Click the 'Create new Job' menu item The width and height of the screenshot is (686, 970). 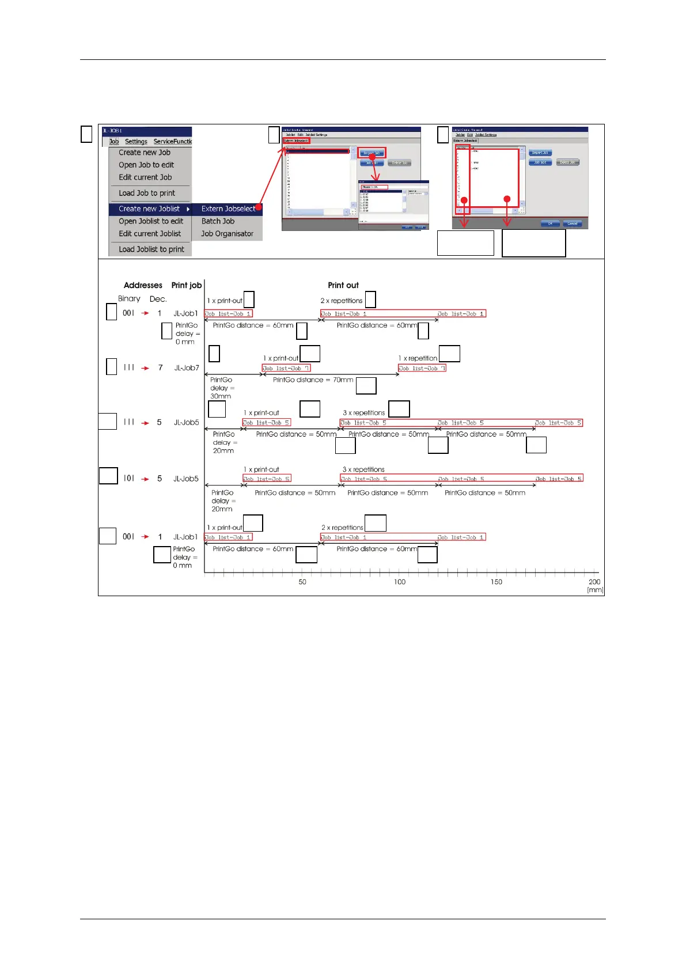[145, 153]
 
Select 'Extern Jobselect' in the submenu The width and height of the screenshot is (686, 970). [228, 209]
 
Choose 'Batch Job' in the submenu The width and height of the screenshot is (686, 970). [218, 221]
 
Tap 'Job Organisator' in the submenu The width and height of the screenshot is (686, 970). [227, 234]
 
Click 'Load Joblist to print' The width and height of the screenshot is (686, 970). [151, 249]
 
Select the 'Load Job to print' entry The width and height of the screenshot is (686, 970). [147, 193]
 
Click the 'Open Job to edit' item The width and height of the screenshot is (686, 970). [146, 165]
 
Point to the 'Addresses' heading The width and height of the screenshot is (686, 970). [143, 285]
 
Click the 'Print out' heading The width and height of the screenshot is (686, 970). [343, 285]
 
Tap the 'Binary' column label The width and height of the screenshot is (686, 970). [129, 299]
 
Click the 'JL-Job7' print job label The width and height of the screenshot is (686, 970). [187, 367]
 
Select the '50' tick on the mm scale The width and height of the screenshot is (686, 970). [302, 582]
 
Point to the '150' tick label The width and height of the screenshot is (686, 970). [497, 582]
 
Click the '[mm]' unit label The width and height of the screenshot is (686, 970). [595, 590]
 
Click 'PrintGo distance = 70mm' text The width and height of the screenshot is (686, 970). [313, 380]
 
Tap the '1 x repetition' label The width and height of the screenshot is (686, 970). [418, 358]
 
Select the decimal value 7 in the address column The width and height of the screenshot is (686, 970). [160, 367]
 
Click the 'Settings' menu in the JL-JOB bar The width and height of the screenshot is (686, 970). [136, 142]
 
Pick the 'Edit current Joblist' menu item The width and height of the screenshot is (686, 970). [150, 234]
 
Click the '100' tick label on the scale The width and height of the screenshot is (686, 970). [400, 582]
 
